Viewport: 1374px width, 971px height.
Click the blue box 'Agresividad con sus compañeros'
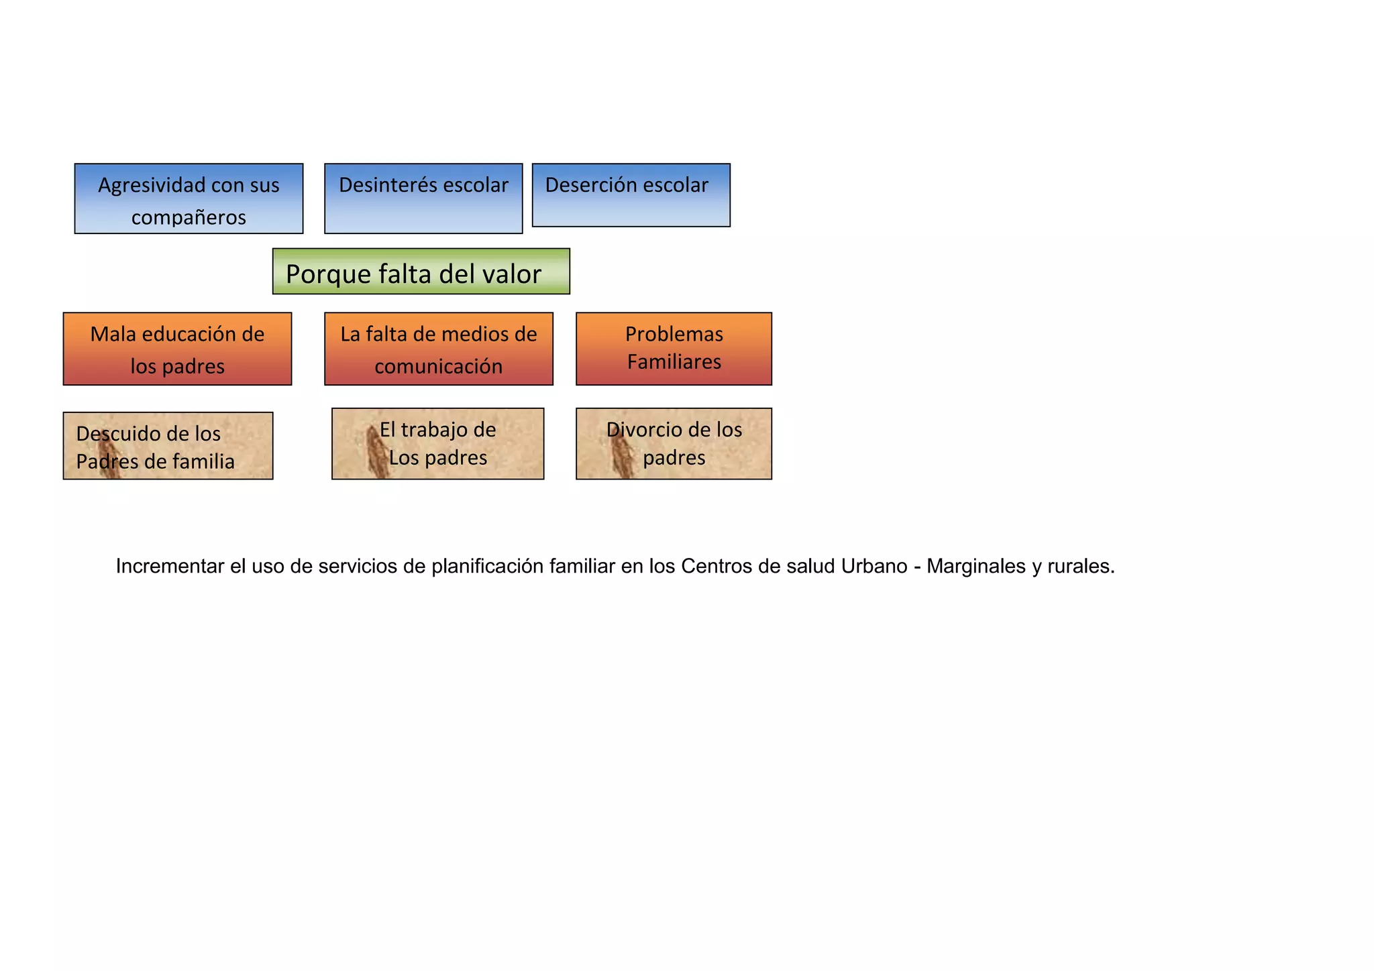189,198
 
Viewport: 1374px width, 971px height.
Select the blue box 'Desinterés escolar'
423,198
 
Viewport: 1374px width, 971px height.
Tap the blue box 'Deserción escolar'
631,195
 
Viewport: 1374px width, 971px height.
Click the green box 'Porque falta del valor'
421,272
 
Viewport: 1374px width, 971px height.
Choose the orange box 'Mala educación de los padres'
177,349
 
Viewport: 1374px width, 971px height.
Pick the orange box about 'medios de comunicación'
438,349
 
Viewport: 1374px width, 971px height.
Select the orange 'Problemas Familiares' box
674,349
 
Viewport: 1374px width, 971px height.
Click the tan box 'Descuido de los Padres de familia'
168,446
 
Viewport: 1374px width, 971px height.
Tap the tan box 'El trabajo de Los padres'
437,444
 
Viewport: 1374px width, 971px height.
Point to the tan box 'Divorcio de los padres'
674,444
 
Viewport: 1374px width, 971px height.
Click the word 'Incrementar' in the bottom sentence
170,567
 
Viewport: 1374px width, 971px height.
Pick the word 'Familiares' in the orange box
674,362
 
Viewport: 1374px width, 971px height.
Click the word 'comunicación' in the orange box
438,366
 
